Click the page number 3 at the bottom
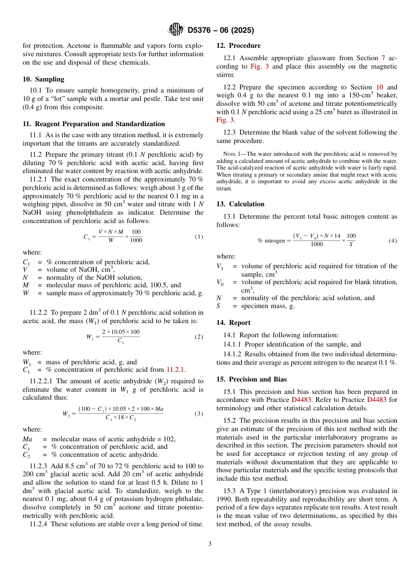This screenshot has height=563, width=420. coord(210,544)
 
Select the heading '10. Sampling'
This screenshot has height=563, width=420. coord(43,79)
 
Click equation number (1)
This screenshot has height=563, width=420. coord(199,237)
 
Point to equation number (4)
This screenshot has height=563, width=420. coord(393,241)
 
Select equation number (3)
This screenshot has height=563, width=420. coord(199,414)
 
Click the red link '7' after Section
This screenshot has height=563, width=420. coord(383,58)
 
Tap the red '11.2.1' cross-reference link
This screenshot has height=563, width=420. coord(176,370)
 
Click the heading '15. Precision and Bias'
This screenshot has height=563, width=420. coord(251,379)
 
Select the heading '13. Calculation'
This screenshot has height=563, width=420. coord(240,204)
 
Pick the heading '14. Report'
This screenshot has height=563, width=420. coord(233,323)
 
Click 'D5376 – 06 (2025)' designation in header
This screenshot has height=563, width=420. coord(221,31)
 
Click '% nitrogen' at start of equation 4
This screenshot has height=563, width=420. coord(271,241)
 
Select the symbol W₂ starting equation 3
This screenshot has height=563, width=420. coord(66,414)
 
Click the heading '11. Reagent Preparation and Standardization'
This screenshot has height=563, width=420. coord(94,124)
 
